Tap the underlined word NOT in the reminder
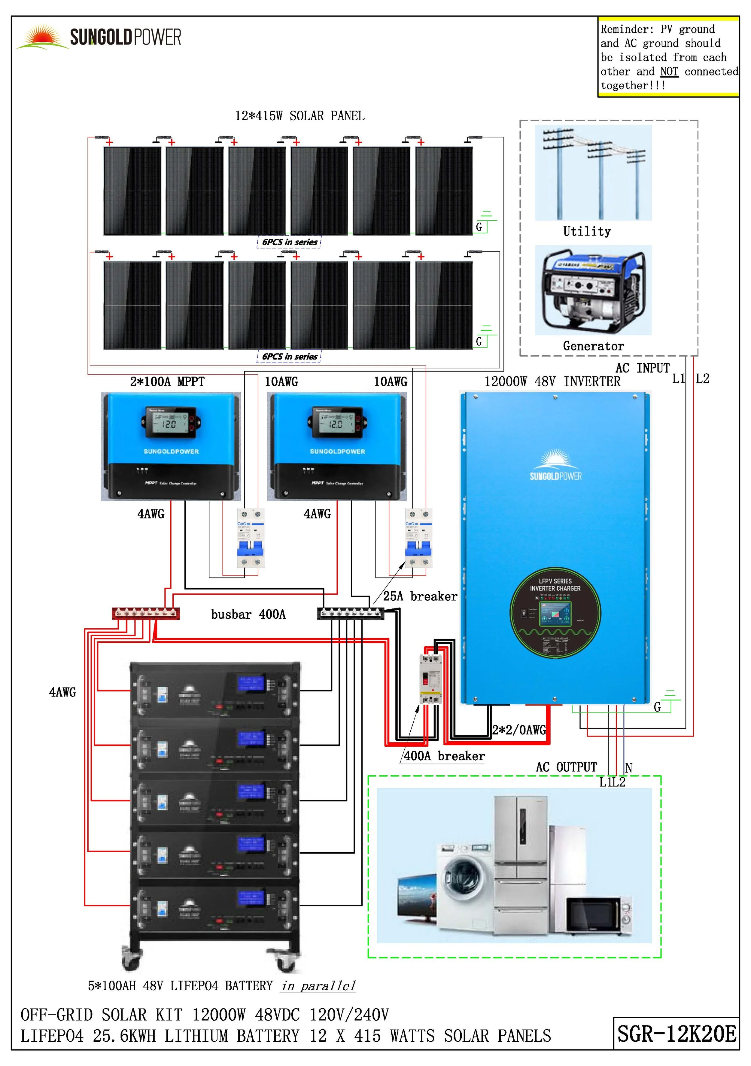click(669, 72)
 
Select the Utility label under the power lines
click(587, 231)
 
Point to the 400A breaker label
click(444, 756)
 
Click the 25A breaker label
click(420, 596)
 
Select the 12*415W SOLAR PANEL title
click(300, 116)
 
